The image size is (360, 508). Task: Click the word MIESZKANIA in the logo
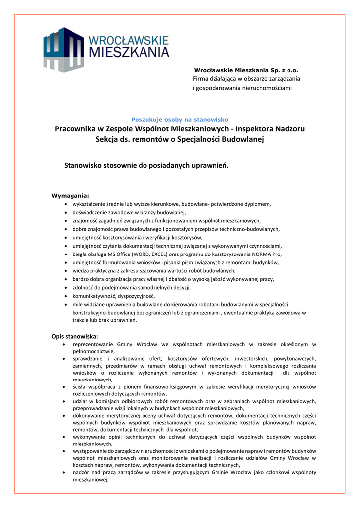pos(129,52)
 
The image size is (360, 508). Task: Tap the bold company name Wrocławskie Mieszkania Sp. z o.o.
pos(245,71)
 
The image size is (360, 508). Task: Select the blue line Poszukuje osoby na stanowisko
pos(179,119)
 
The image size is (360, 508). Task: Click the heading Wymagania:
pos(70,195)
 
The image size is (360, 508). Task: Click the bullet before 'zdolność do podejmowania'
pos(67,288)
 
